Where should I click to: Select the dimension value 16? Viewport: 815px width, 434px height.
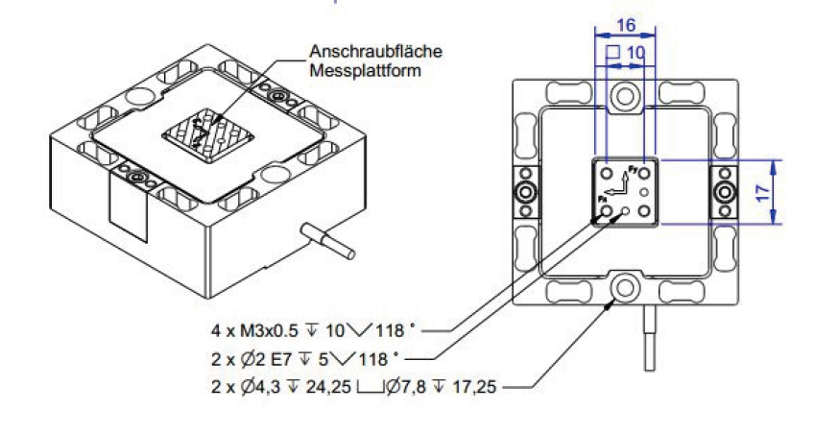click(625, 27)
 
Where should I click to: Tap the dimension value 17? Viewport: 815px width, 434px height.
click(762, 191)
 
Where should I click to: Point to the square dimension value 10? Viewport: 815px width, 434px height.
click(635, 51)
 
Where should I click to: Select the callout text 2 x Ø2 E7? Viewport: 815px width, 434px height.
click(252, 359)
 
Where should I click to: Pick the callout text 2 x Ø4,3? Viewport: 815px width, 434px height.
click(248, 388)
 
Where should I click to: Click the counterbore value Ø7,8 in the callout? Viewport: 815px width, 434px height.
click(419, 388)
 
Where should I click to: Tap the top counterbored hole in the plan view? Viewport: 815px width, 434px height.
click(625, 96)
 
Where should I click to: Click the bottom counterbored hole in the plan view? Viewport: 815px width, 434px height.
click(625, 285)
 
